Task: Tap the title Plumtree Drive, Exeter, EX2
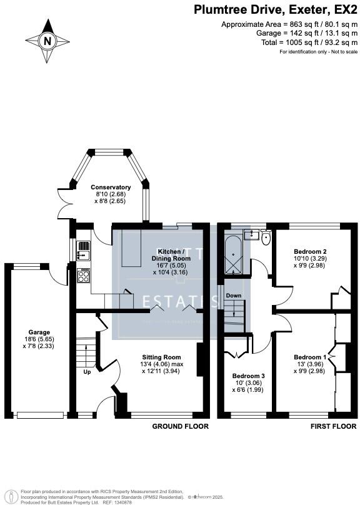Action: [274, 9]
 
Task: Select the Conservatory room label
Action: [111, 187]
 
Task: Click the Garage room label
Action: [39, 332]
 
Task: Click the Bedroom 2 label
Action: [311, 251]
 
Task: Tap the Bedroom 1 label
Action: [311, 357]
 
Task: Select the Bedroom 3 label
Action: [249, 376]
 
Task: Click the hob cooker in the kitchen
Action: [82, 276]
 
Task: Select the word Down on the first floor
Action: [233, 295]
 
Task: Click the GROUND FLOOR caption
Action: [181, 426]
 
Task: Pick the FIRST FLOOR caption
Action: [333, 426]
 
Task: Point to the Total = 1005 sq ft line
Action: [302, 42]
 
